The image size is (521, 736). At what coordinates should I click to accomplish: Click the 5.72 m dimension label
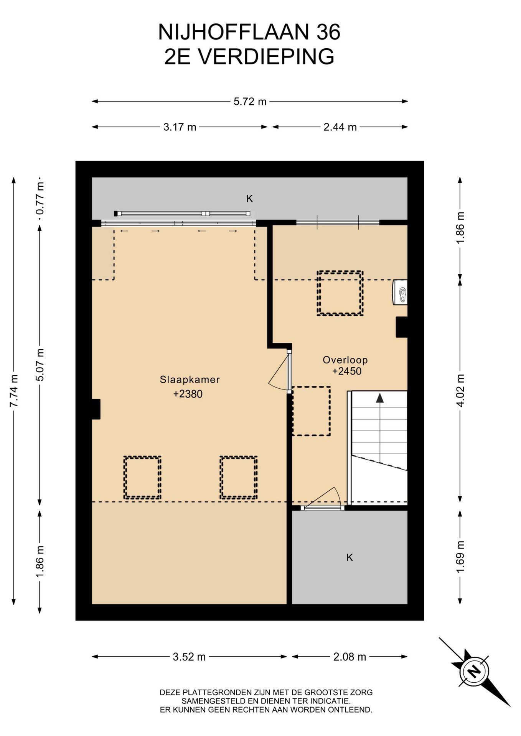point(250,102)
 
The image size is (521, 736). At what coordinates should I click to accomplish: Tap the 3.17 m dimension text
point(180,127)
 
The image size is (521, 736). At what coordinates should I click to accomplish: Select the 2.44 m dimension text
point(340,127)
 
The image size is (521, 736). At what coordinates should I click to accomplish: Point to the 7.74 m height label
point(14,391)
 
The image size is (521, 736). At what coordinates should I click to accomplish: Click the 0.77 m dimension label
point(40,199)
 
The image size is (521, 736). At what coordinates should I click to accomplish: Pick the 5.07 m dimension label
point(40,365)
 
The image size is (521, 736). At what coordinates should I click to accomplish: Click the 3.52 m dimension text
point(189,657)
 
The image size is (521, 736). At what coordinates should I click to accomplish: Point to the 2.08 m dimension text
point(350,657)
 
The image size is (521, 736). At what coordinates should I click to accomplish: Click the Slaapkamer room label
point(190,379)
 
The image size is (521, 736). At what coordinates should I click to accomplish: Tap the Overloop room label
point(345,360)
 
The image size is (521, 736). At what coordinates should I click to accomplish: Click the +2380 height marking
point(188,394)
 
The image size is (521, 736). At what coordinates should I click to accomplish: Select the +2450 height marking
point(347,371)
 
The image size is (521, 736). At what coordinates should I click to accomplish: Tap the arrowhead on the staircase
point(380,398)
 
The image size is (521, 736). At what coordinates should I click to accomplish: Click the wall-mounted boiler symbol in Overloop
point(400,292)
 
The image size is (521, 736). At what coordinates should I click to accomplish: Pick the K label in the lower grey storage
point(350,557)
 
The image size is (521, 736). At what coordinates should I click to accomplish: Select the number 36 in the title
point(328,32)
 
